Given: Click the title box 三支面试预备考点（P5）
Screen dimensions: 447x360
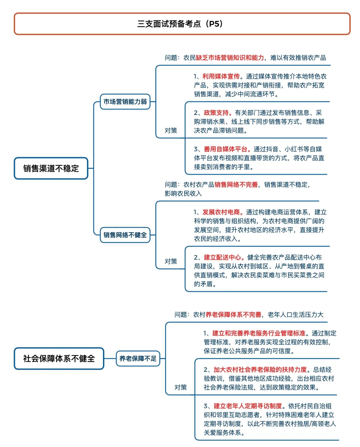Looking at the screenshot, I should (x=182, y=24).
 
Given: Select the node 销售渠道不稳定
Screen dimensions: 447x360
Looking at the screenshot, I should (x=51, y=169).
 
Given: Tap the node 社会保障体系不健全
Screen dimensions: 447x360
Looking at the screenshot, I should (x=59, y=359).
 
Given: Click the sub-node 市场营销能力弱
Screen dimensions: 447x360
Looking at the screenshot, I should (x=125, y=102).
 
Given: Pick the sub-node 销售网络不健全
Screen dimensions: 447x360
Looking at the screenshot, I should (x=125, y=235).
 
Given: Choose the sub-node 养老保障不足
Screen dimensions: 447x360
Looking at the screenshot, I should (x=138, y=359).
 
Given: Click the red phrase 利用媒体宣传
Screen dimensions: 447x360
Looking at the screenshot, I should (x=221, y=77).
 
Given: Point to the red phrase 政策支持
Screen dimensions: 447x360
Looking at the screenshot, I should (x=216, y=113).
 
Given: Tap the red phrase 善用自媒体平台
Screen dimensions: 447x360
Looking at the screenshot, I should (x=226, y=149).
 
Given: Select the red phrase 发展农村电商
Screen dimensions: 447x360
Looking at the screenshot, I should (x=221, y=212).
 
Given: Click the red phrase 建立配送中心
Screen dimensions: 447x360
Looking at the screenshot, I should (x=222, y=257).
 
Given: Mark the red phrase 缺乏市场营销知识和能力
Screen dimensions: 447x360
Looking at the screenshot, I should (x=230, y=58).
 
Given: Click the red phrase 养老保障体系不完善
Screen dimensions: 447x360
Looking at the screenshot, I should (x=233, y=315).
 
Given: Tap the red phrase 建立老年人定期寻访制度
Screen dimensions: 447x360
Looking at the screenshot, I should (x=248, y=406).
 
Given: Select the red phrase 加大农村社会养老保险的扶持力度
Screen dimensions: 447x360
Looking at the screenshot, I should (x=260, y=370).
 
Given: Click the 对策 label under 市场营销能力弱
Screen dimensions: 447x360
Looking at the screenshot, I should (x=171, y=131).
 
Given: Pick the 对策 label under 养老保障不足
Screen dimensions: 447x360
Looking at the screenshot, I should (x=181, y=387).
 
